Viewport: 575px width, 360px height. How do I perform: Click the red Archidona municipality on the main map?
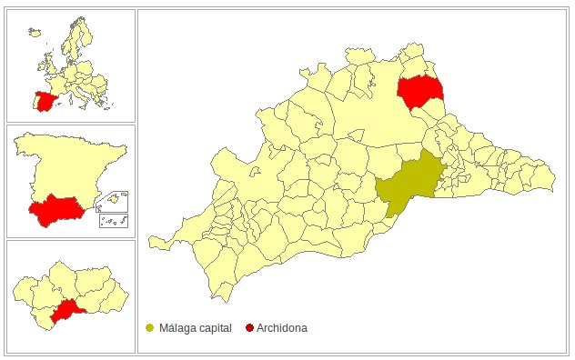pos(419,91)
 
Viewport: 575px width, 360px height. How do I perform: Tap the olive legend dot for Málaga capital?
pos(149,327)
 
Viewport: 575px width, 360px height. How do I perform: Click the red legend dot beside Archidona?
pos(249,327)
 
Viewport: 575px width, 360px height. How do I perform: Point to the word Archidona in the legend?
pos(282,327)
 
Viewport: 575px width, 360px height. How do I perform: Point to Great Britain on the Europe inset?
pos(47,65)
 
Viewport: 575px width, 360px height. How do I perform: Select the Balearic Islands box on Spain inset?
pos(117,199)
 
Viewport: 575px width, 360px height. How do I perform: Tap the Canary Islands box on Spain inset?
pos(114,221)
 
